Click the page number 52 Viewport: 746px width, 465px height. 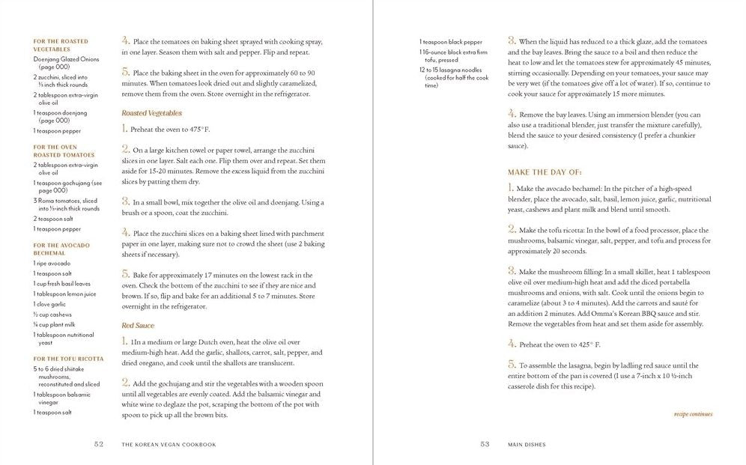point(98,444)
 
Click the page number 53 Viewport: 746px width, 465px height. point(485,444)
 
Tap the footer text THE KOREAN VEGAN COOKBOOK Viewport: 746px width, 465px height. point(169,444)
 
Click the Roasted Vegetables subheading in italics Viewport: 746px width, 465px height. point(152,113)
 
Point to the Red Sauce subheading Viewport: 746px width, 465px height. point(139,326)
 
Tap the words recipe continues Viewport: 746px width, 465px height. point(693,414)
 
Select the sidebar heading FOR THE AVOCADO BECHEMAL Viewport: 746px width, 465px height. point(61,249)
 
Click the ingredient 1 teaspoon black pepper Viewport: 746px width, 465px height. point(451,42)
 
